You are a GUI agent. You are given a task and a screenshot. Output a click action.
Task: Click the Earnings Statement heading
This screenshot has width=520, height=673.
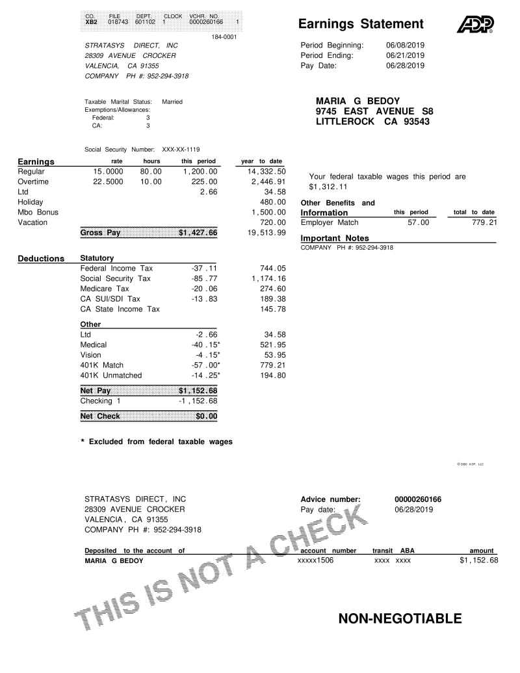point(361,25)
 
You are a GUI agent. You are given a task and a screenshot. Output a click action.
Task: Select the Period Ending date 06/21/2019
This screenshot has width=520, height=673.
point(405,56)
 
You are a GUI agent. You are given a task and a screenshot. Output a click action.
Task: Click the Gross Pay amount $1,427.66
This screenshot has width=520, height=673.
point(198,232)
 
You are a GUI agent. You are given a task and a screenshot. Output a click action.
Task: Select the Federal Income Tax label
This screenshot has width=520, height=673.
point(116,268)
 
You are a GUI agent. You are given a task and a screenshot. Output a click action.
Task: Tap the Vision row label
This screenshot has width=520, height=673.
point(91,355)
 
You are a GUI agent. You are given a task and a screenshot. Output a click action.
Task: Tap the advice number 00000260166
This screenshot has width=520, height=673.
point(417,499)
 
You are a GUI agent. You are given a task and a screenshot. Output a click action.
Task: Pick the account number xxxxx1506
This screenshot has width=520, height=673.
point(315,560)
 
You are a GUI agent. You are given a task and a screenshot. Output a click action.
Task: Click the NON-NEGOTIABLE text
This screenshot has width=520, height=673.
point(400,619)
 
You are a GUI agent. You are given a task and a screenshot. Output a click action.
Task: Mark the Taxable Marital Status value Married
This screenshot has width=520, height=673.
point(172,101)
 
